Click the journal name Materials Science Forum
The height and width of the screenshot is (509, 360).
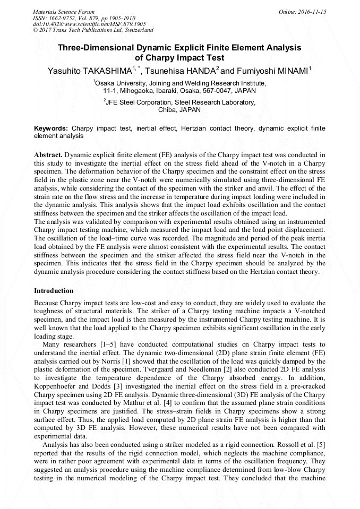click(x=64, y=12)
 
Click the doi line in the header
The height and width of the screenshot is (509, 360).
click(x=89, y=24)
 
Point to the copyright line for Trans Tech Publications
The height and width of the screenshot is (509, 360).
click(x=93, y=30)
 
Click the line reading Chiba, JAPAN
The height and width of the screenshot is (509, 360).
click(x=179, y=110)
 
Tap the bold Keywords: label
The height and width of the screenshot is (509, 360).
click(x=51, y=128)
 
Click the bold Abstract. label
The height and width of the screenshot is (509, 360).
click(x=48, y=154)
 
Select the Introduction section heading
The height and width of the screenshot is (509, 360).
click(x=54, y=291)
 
